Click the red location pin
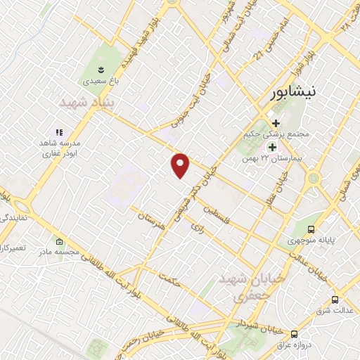(x=181, y=165)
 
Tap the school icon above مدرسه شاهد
(x=60, y=131)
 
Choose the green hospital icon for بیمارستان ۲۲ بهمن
(x=271, y=147)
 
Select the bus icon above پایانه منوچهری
(x=311, y=229)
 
